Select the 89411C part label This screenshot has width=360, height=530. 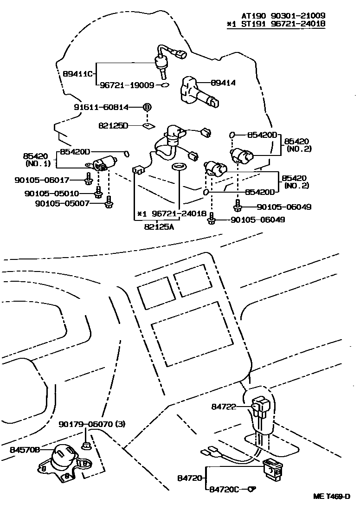78,74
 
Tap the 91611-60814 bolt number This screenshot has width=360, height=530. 102,107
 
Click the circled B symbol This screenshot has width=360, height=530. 147,107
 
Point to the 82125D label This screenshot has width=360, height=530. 114,125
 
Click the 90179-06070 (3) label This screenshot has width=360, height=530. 92,424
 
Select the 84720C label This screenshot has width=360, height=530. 225,489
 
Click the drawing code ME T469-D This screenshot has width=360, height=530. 331,496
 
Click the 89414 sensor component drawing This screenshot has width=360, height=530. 199,91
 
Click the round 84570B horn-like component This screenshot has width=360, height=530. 63,458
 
